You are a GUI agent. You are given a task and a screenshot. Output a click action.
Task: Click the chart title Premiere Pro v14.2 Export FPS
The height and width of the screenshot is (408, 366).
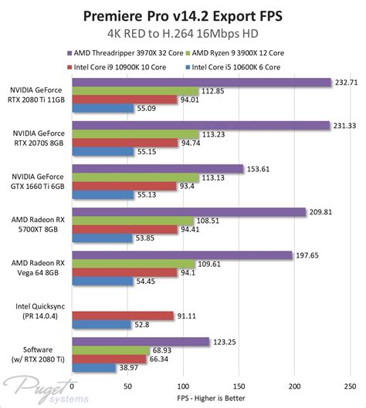click(x=183, y=16)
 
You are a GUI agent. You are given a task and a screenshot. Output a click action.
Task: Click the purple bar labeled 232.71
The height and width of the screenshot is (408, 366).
click(x=201, y=82)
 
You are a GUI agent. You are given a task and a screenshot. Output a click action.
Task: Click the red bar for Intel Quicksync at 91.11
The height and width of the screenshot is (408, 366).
click(x=122, y=315)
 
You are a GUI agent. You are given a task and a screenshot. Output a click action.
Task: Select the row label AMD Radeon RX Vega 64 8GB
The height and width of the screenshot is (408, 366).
click(x=36, y=267)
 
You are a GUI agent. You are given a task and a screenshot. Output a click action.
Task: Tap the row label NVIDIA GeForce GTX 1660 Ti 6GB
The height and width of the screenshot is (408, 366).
click(x=36, y=180)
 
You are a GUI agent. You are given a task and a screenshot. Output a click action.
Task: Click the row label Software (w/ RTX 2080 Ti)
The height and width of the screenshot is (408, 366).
click(x=37, y=354)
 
